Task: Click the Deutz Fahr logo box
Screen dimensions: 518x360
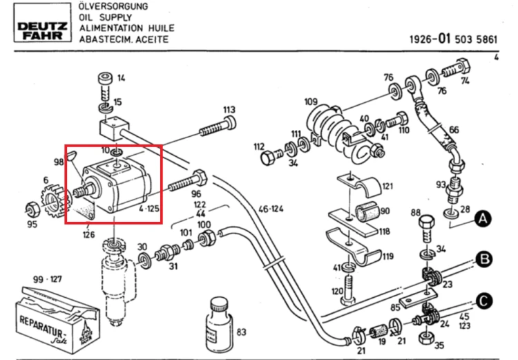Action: point(42,23)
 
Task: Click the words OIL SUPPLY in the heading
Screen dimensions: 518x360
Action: point(106,17)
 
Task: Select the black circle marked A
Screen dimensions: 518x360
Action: point(483,219)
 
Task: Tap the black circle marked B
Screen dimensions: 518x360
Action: point(484,259)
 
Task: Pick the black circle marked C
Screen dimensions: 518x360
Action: point(484,301)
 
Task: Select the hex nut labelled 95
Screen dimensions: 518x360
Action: point(32,209)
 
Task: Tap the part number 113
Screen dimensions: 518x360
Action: point(229,110)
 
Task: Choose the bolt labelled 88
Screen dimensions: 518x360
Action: point(427,230)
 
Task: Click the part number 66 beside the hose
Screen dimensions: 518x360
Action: point(454,130)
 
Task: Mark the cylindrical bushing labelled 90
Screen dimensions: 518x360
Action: point(366,211)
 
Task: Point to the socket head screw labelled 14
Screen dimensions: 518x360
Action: point(105,86)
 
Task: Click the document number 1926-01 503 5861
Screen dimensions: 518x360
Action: point(453,39)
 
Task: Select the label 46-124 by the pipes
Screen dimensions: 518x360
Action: point(271,209)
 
